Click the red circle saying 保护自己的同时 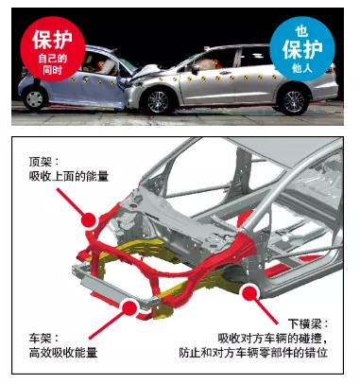(53, 49)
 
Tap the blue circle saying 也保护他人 (302, 49)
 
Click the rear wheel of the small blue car (35, 99)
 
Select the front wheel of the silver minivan (158, 102)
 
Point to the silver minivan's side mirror (195, 68)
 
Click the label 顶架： (44, 162)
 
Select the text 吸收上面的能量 (69, 176)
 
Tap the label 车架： (44, 339)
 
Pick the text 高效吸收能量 (63, 353)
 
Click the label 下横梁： (308, 324)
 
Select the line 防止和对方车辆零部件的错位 (253, 353)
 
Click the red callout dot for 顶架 (89, 219)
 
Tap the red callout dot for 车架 (129, 307)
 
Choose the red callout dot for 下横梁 (250, 292)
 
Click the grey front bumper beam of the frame (115, 288)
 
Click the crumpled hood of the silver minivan (146, 71)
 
